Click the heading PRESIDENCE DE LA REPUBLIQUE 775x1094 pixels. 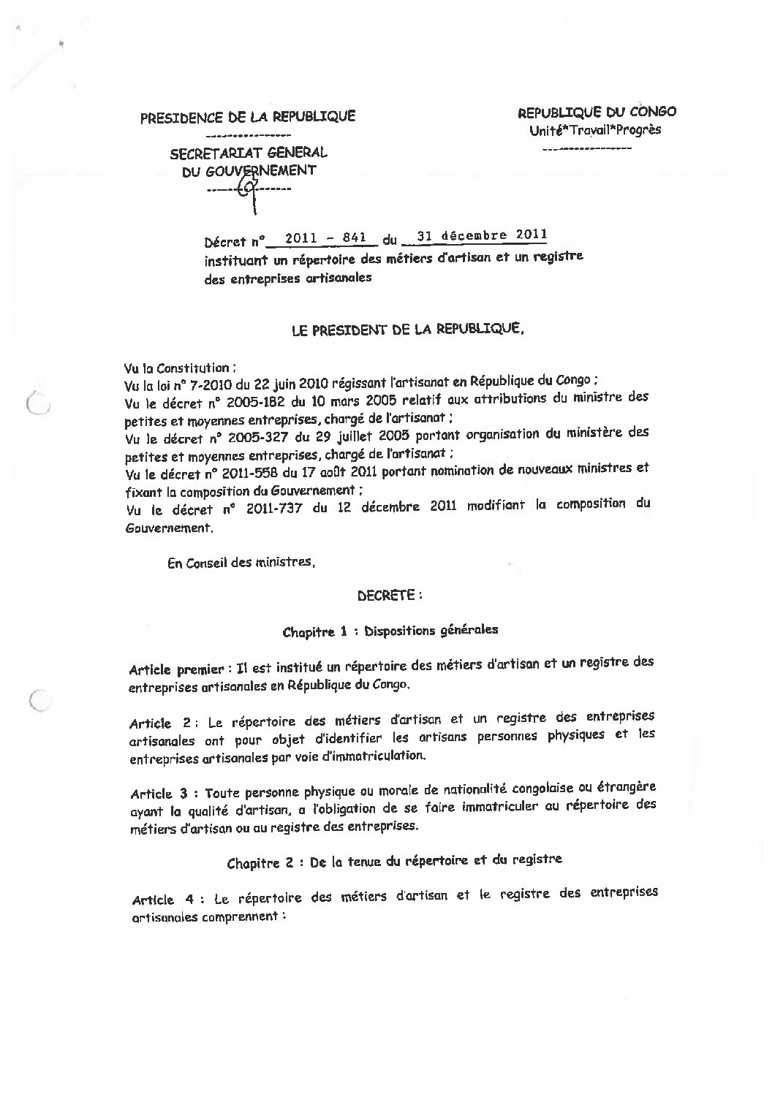(248, 117)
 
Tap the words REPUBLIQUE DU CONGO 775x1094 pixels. (597, 112)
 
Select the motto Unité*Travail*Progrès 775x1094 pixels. (595, 130)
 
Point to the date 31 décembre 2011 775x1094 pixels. (480, 235)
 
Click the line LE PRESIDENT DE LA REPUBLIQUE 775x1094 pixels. (407, 330)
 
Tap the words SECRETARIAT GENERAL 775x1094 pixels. (249, 153)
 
